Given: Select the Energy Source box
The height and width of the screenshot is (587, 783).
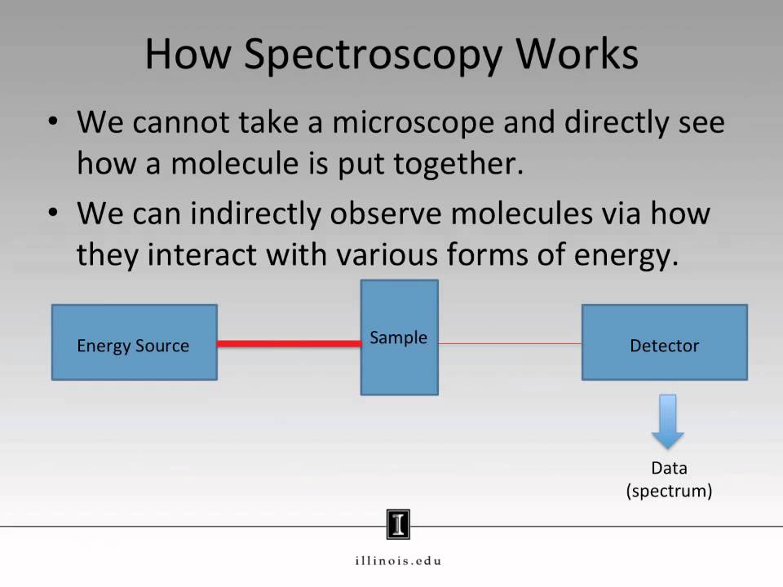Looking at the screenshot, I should [135, 342].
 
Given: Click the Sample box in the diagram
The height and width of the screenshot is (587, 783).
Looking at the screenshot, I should [400, 338].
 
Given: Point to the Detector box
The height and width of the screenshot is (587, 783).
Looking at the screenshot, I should [664, 342].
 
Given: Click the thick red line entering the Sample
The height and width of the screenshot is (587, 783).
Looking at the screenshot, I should [289, 344].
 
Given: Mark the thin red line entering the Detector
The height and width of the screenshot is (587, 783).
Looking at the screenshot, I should [510, 343].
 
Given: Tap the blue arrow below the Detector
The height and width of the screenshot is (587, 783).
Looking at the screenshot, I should [668, 421].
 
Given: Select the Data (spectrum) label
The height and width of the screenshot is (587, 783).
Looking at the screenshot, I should [669, 479].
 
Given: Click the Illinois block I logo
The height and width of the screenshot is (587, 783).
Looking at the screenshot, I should [398, 524].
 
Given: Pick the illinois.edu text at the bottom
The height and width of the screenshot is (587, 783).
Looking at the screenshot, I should [398, 560].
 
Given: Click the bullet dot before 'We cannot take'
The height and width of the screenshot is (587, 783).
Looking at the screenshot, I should [54, 122].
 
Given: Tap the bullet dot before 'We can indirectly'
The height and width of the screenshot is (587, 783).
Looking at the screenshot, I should [54, 214].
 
